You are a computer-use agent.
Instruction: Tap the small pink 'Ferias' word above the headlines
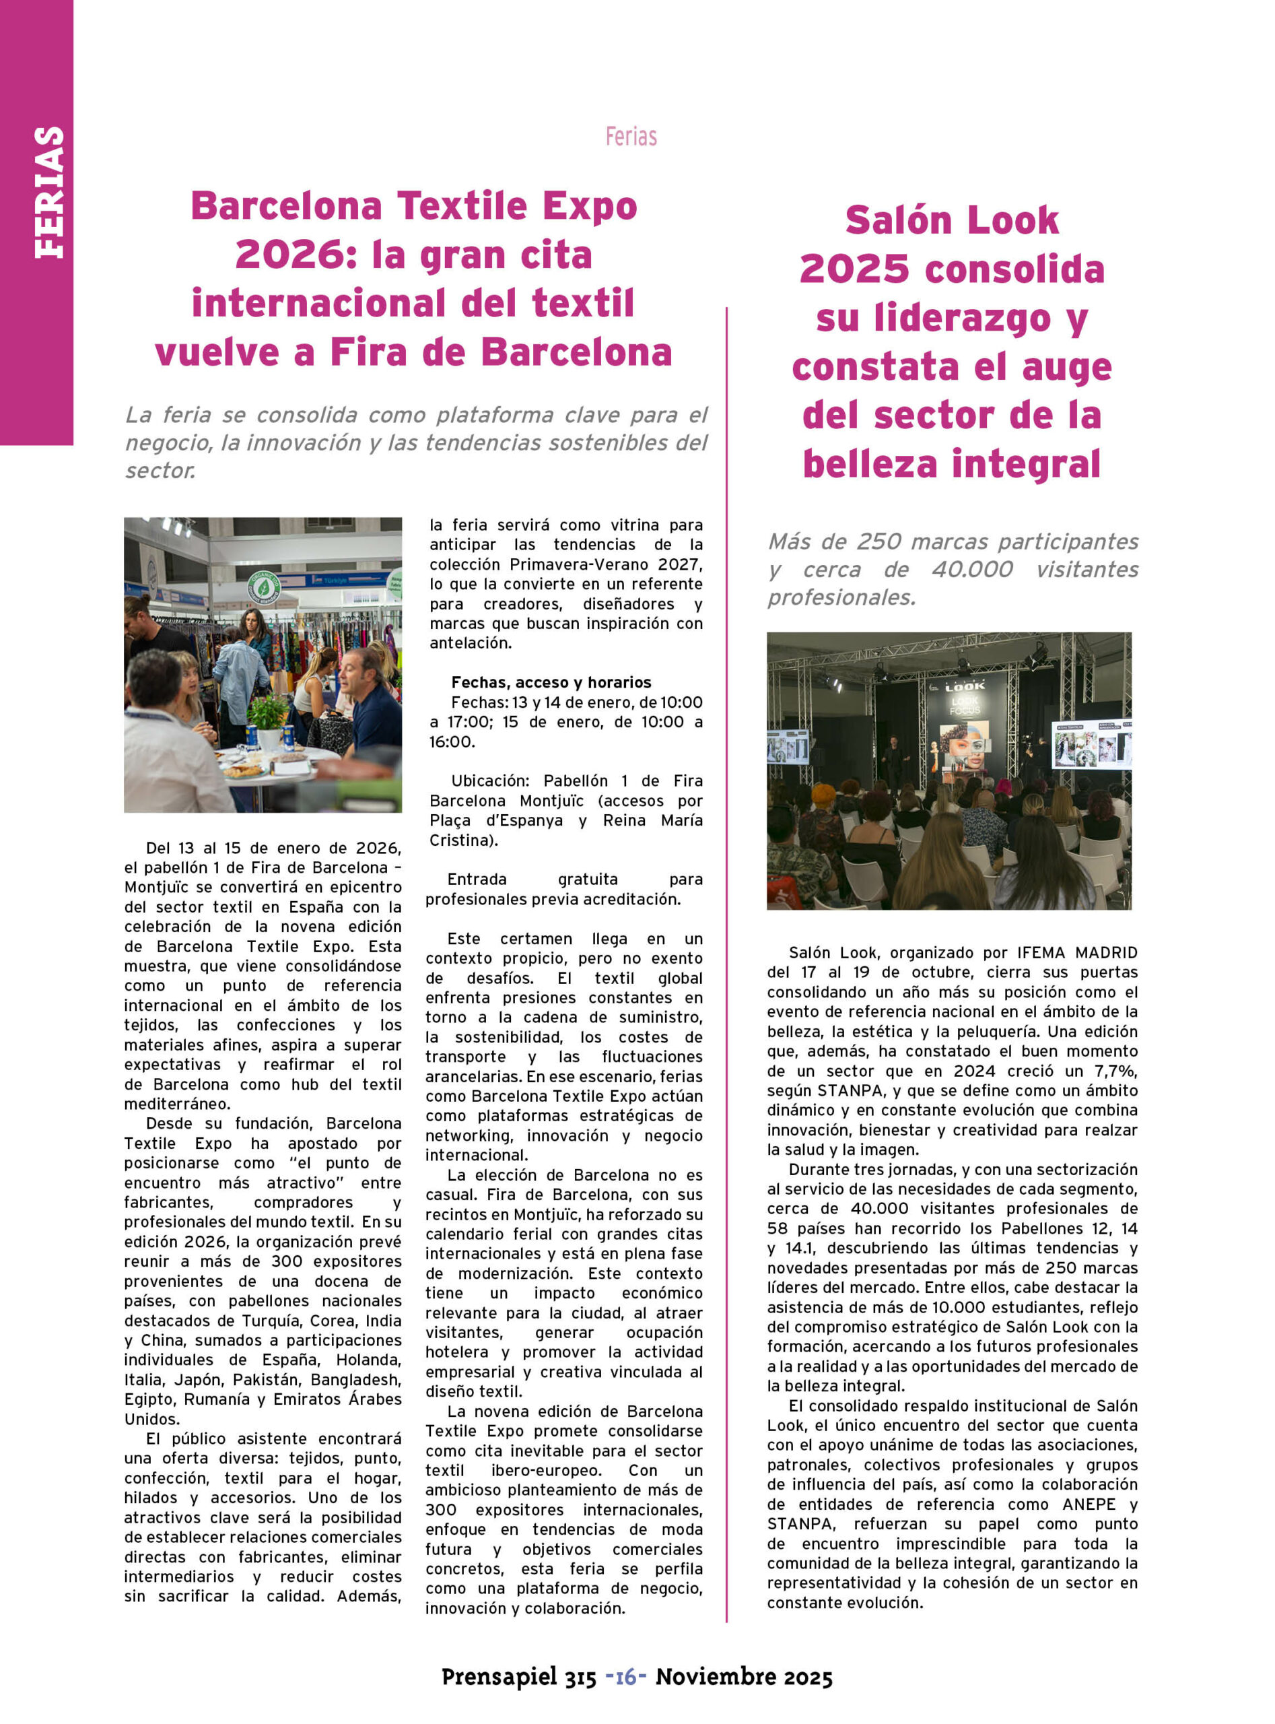coord(631,137)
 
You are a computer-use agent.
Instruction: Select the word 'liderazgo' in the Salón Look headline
coord(934,319)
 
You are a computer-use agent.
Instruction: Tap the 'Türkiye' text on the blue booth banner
coord(337,579)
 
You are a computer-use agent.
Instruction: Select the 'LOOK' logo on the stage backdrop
coord(964,686)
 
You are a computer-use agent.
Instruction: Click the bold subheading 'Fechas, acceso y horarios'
coord(551,682)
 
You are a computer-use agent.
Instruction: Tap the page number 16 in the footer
coord(626,1676)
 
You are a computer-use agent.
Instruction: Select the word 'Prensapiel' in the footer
coord(499,1676)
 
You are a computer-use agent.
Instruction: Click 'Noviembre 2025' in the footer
coord(744,1676)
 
